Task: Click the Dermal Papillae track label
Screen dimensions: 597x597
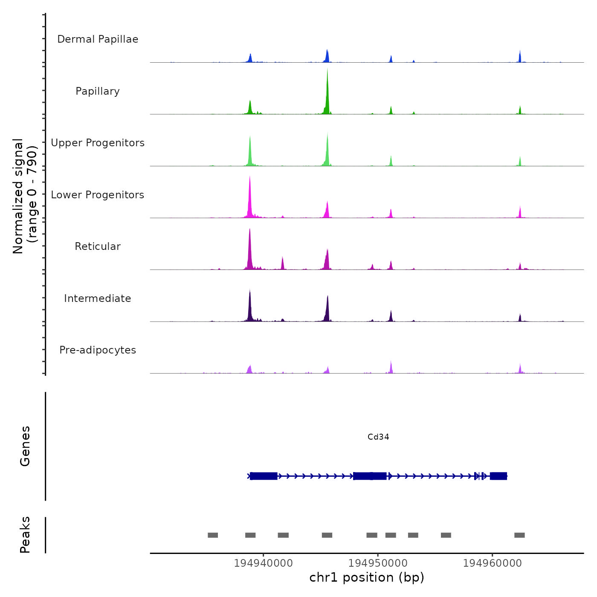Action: pos(98,39)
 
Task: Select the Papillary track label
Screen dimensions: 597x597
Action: pos(98,91)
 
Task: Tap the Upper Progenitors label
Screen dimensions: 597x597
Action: pos(98,143)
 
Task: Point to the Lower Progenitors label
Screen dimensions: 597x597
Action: pos(98,195)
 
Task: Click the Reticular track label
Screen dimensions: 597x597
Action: pos(98,246)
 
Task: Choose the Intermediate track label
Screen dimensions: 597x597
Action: pos(98,298)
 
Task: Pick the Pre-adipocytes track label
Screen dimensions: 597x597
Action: pos(98,350)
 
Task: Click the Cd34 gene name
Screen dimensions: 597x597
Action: pos(378,437)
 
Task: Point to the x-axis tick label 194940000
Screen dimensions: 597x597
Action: pos(264,563)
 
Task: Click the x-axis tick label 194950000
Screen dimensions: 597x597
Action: pos(378,563)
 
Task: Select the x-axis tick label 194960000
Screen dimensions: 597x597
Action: pos(492,563)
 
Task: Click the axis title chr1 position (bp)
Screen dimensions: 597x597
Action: pos(367,577)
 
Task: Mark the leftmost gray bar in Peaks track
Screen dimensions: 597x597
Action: pos(213,535)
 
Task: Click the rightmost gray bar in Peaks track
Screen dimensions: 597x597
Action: pos(519,535)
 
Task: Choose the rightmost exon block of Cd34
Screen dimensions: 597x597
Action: pos(498,476)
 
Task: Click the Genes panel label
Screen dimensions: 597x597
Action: pos(25,446)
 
